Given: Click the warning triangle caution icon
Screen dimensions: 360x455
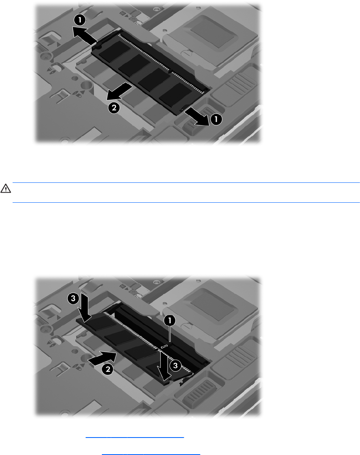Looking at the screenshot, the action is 6,188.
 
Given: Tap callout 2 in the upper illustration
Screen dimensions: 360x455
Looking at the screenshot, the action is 114,108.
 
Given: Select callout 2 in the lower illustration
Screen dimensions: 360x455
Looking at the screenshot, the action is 108,369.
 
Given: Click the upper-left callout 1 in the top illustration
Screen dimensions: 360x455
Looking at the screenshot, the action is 80,20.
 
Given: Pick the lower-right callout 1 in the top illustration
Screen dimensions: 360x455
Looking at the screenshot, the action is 216,119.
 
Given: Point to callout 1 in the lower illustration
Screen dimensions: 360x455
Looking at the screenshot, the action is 170,321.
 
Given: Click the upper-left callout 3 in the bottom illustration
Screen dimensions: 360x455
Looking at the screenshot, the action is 73,298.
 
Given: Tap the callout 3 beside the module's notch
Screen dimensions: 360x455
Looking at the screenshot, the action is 175,365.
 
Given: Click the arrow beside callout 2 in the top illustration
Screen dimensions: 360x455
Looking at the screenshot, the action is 119,91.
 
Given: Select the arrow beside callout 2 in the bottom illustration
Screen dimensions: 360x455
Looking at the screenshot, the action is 102,357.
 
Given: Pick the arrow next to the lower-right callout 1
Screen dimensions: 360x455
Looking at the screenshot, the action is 196,116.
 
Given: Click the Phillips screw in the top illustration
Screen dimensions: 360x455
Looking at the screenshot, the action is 46,57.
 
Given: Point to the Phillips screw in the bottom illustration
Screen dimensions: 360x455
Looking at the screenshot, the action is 45,330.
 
